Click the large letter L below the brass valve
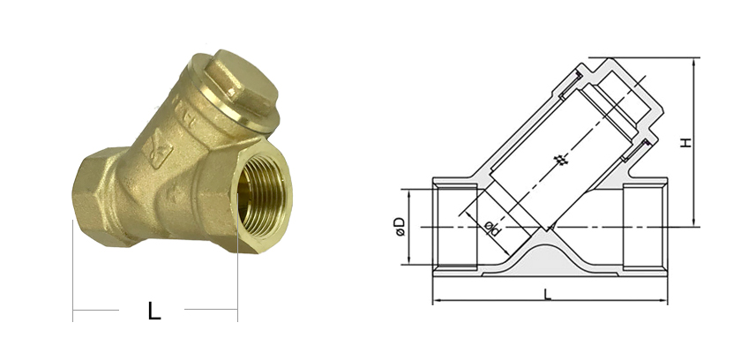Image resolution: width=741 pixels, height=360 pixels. click(x=154, y=311)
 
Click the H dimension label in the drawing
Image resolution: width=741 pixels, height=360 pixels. click(x=686, y=141)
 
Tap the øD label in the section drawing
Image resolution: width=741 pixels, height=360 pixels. click(x=400, y=227)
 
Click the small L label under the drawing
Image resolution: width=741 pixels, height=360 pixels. click(x=548, y=295)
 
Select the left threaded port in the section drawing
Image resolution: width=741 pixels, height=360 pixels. click(x=455, y=227)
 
